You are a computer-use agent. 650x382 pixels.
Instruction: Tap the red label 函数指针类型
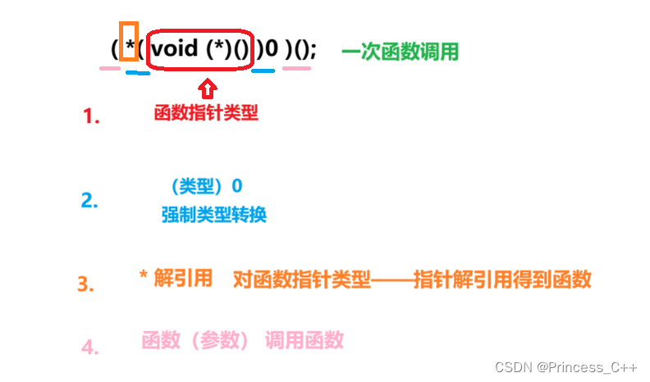click(206, 113)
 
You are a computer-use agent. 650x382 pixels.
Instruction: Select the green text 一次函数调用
click(400, 52)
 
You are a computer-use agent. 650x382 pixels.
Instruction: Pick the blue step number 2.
click(89, 200)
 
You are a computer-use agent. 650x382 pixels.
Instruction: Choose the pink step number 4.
click(89, 347)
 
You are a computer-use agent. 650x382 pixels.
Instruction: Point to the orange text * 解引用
click(176, 279)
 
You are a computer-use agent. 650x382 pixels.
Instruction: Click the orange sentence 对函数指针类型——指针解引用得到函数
click(412, 280)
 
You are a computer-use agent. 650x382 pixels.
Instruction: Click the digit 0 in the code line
click(272, 50)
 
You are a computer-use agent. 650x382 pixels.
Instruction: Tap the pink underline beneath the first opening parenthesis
click(109, 68)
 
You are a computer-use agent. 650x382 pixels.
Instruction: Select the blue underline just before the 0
click(263, 70)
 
